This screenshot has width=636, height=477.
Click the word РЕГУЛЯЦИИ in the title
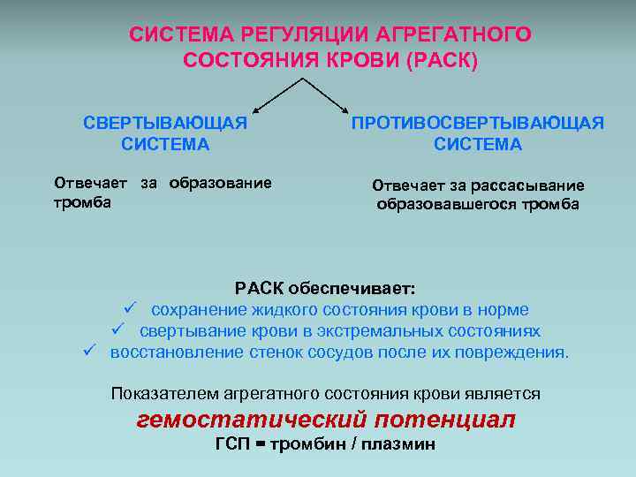click(299, 34)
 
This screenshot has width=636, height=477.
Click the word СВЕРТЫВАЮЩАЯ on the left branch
click(165, 123)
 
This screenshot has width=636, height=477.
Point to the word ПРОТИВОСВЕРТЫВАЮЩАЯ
click(478, 123)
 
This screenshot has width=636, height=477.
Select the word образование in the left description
click(220, 183)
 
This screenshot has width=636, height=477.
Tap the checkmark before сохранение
click(128, 309)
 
